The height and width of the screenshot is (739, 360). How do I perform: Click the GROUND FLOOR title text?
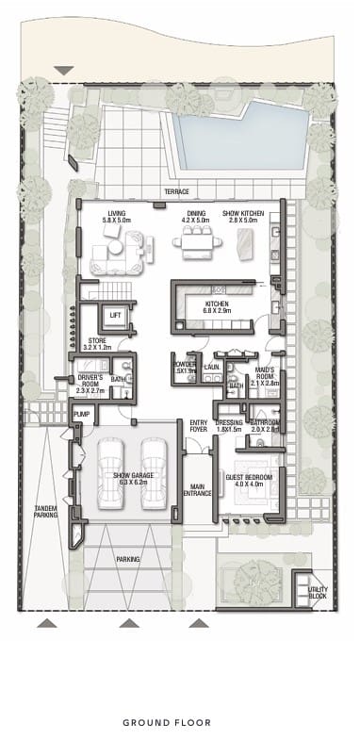tap(180, 723)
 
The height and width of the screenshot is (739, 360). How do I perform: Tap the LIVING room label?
tap(117, 214)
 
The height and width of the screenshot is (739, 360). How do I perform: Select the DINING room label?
tap(196, 214)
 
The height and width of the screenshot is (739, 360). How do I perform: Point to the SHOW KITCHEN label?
tap(244, 214)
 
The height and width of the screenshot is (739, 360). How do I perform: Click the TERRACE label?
tap(176, 191)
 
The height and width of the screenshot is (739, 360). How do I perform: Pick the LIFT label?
tap(116, 315)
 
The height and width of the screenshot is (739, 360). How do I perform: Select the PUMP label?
tap(82, 414)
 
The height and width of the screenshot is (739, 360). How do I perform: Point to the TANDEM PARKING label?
tap(46, 511)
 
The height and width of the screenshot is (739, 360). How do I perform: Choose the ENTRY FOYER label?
tap(199, 426)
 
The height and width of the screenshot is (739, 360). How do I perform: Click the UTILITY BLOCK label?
tap(319, 592)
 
